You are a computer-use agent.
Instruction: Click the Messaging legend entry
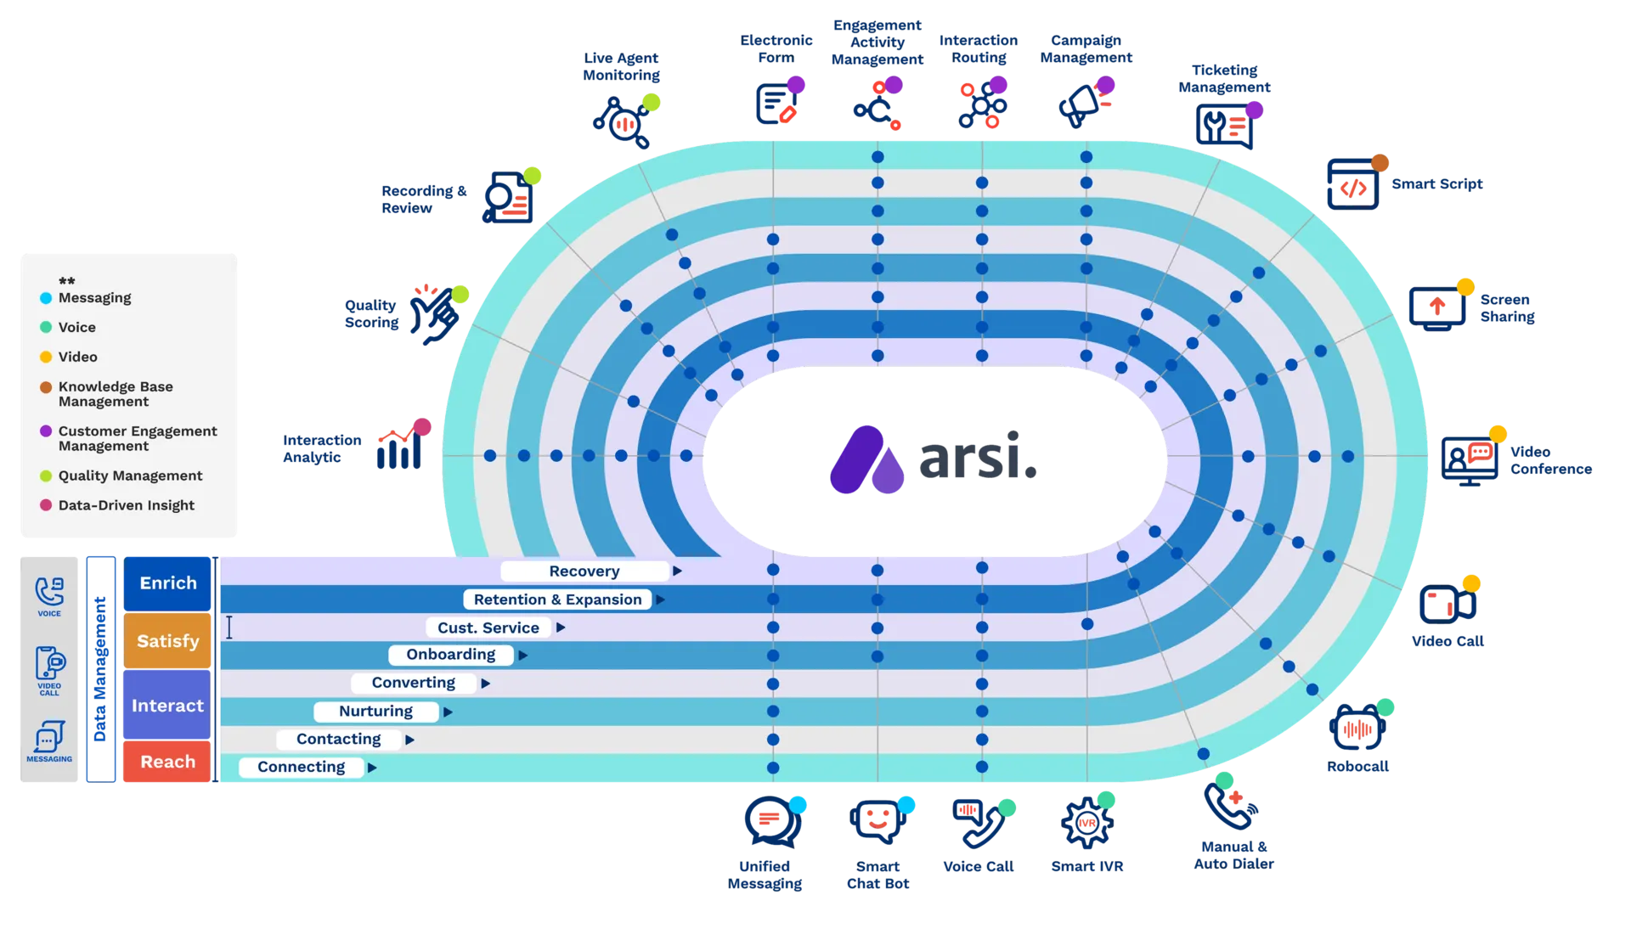(x=94, y=298)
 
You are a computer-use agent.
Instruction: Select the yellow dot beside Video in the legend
(x=46, y=357)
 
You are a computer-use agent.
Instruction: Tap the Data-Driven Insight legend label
(x=126, y=505)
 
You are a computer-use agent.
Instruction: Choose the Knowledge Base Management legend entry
(x=115, y=394)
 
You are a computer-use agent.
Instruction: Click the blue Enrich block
(x=167, y=583)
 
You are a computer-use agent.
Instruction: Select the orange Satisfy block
(x=167, y=641)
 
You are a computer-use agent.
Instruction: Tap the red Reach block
(x=167, y=762)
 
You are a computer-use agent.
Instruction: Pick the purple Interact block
(x=167, y=706)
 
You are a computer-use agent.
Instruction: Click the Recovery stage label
(x=584, y=571)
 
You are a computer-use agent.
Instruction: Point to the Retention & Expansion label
(x=557, y=599)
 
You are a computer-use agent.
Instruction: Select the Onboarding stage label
(x=450, y=655)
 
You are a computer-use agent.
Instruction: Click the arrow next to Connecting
(x=372, y=768)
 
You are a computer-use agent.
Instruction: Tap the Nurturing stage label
(x=375, y=712)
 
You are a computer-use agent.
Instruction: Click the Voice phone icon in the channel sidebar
(x=49, y=591)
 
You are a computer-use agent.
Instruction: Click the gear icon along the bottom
(x=1086, y=823)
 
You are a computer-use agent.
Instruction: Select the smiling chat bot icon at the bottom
(x=877, y=820)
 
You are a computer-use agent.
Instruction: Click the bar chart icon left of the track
(x=398, y=450)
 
